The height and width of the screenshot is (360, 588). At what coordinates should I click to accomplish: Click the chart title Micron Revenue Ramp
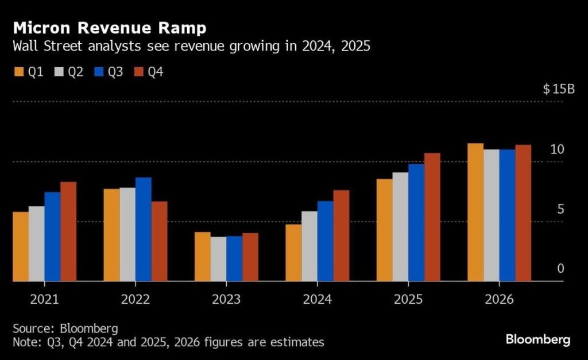(110, 28)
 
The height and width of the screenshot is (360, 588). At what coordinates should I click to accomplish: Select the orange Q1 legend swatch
(18, 72)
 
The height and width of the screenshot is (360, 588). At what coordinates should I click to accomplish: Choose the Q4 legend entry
(148, 72)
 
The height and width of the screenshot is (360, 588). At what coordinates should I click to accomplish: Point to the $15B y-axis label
(559, 90)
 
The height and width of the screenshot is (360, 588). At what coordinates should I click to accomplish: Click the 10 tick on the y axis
(557, 149)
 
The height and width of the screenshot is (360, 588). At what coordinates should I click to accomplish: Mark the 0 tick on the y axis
(560, 269)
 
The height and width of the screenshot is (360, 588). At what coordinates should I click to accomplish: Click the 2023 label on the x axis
(226, 300)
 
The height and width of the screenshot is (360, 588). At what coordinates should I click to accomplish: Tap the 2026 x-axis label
(498, 300)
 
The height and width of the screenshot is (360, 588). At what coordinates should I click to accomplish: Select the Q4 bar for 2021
(68, 231)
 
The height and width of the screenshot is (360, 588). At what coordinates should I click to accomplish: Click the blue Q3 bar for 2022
(144, 229)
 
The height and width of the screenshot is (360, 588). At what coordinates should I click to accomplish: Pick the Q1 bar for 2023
(202, 256)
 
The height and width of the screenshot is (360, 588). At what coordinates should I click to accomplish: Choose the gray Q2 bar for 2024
(309, 246)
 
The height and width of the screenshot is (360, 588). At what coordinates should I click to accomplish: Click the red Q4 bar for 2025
(432, 217)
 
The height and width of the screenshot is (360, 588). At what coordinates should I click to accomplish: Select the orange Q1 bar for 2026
(475, 212)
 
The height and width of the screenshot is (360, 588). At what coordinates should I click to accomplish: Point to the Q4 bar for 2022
(159, 241)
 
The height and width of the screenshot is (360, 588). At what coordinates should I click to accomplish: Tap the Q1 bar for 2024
(293, 252)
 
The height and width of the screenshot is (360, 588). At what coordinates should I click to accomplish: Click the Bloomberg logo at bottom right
(537, 340)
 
